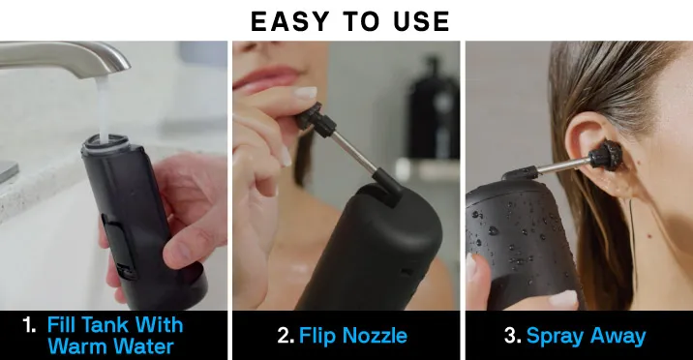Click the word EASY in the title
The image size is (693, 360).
290,21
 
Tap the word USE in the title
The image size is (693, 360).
422,21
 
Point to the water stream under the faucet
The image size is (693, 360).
103,106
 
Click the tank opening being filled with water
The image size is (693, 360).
105,142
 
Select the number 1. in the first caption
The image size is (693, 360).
30,325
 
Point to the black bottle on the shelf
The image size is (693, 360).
434,108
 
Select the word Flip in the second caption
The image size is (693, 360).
317,336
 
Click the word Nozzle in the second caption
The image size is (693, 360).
375,336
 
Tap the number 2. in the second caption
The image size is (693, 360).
286,336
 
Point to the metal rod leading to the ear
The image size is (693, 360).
562,166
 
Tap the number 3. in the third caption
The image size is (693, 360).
513,336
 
